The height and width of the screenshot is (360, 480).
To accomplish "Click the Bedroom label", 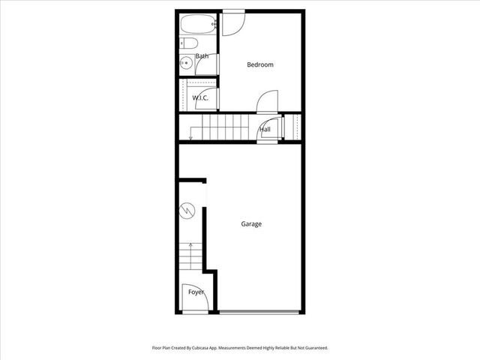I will pos(260,64).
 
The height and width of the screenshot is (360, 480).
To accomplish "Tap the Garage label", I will pos(251,223).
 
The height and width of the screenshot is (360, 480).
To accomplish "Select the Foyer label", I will pos(196,292).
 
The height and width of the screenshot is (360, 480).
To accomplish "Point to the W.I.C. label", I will pos(200,98).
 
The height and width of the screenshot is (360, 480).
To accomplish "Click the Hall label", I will pos(265,130).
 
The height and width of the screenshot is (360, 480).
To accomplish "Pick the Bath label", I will pos(202,56).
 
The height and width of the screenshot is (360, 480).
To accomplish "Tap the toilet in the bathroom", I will pos(187,43).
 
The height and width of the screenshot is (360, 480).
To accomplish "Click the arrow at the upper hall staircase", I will pos(191,135).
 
